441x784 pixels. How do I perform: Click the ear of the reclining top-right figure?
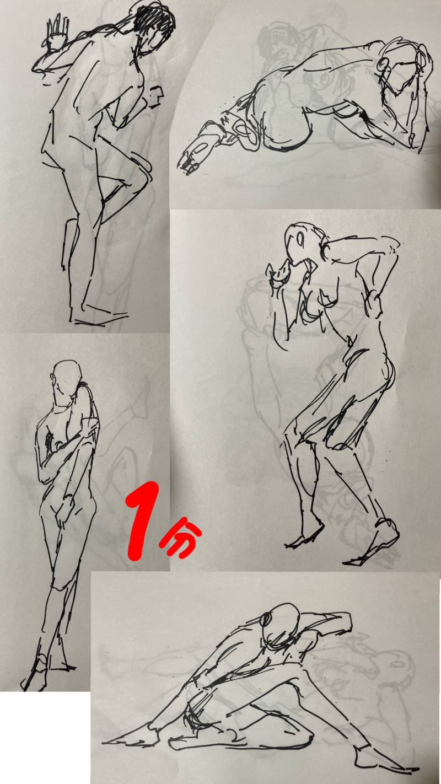[384, 64]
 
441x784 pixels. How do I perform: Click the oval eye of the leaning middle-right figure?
[300, 239]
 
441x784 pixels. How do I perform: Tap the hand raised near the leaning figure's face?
[281, 272]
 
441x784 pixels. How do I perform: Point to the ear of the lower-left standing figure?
[53, 377]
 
